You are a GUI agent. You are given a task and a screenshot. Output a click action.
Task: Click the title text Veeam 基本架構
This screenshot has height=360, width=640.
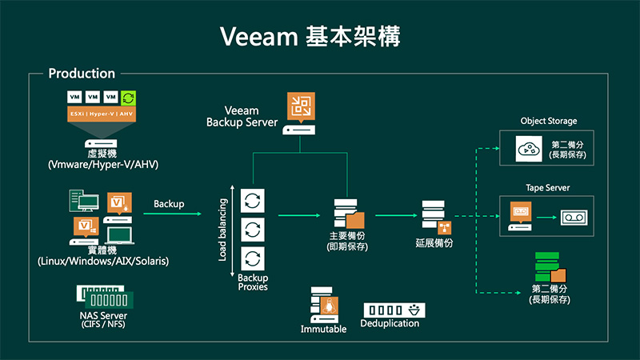pos(320,36)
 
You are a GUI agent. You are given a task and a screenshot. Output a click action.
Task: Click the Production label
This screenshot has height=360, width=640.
pos(82,74)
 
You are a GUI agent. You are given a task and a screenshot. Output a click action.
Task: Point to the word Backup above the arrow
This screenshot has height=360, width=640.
pos(169,204)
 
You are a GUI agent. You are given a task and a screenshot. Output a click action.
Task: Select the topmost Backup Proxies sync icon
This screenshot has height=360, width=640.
pos(252,198)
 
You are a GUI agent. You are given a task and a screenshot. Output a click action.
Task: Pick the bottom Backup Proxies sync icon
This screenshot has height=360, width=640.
pos(252,258)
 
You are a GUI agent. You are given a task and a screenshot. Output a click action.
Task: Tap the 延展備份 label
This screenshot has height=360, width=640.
pos(435,243)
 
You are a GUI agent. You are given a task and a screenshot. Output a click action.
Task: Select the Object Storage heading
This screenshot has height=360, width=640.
pos(548,122)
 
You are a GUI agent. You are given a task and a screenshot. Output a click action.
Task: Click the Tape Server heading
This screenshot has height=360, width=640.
pos(548,188)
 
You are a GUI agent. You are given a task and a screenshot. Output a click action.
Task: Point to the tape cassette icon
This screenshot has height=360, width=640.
pos(572,216)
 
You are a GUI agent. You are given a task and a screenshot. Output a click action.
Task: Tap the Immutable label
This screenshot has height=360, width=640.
pos(323,329)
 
